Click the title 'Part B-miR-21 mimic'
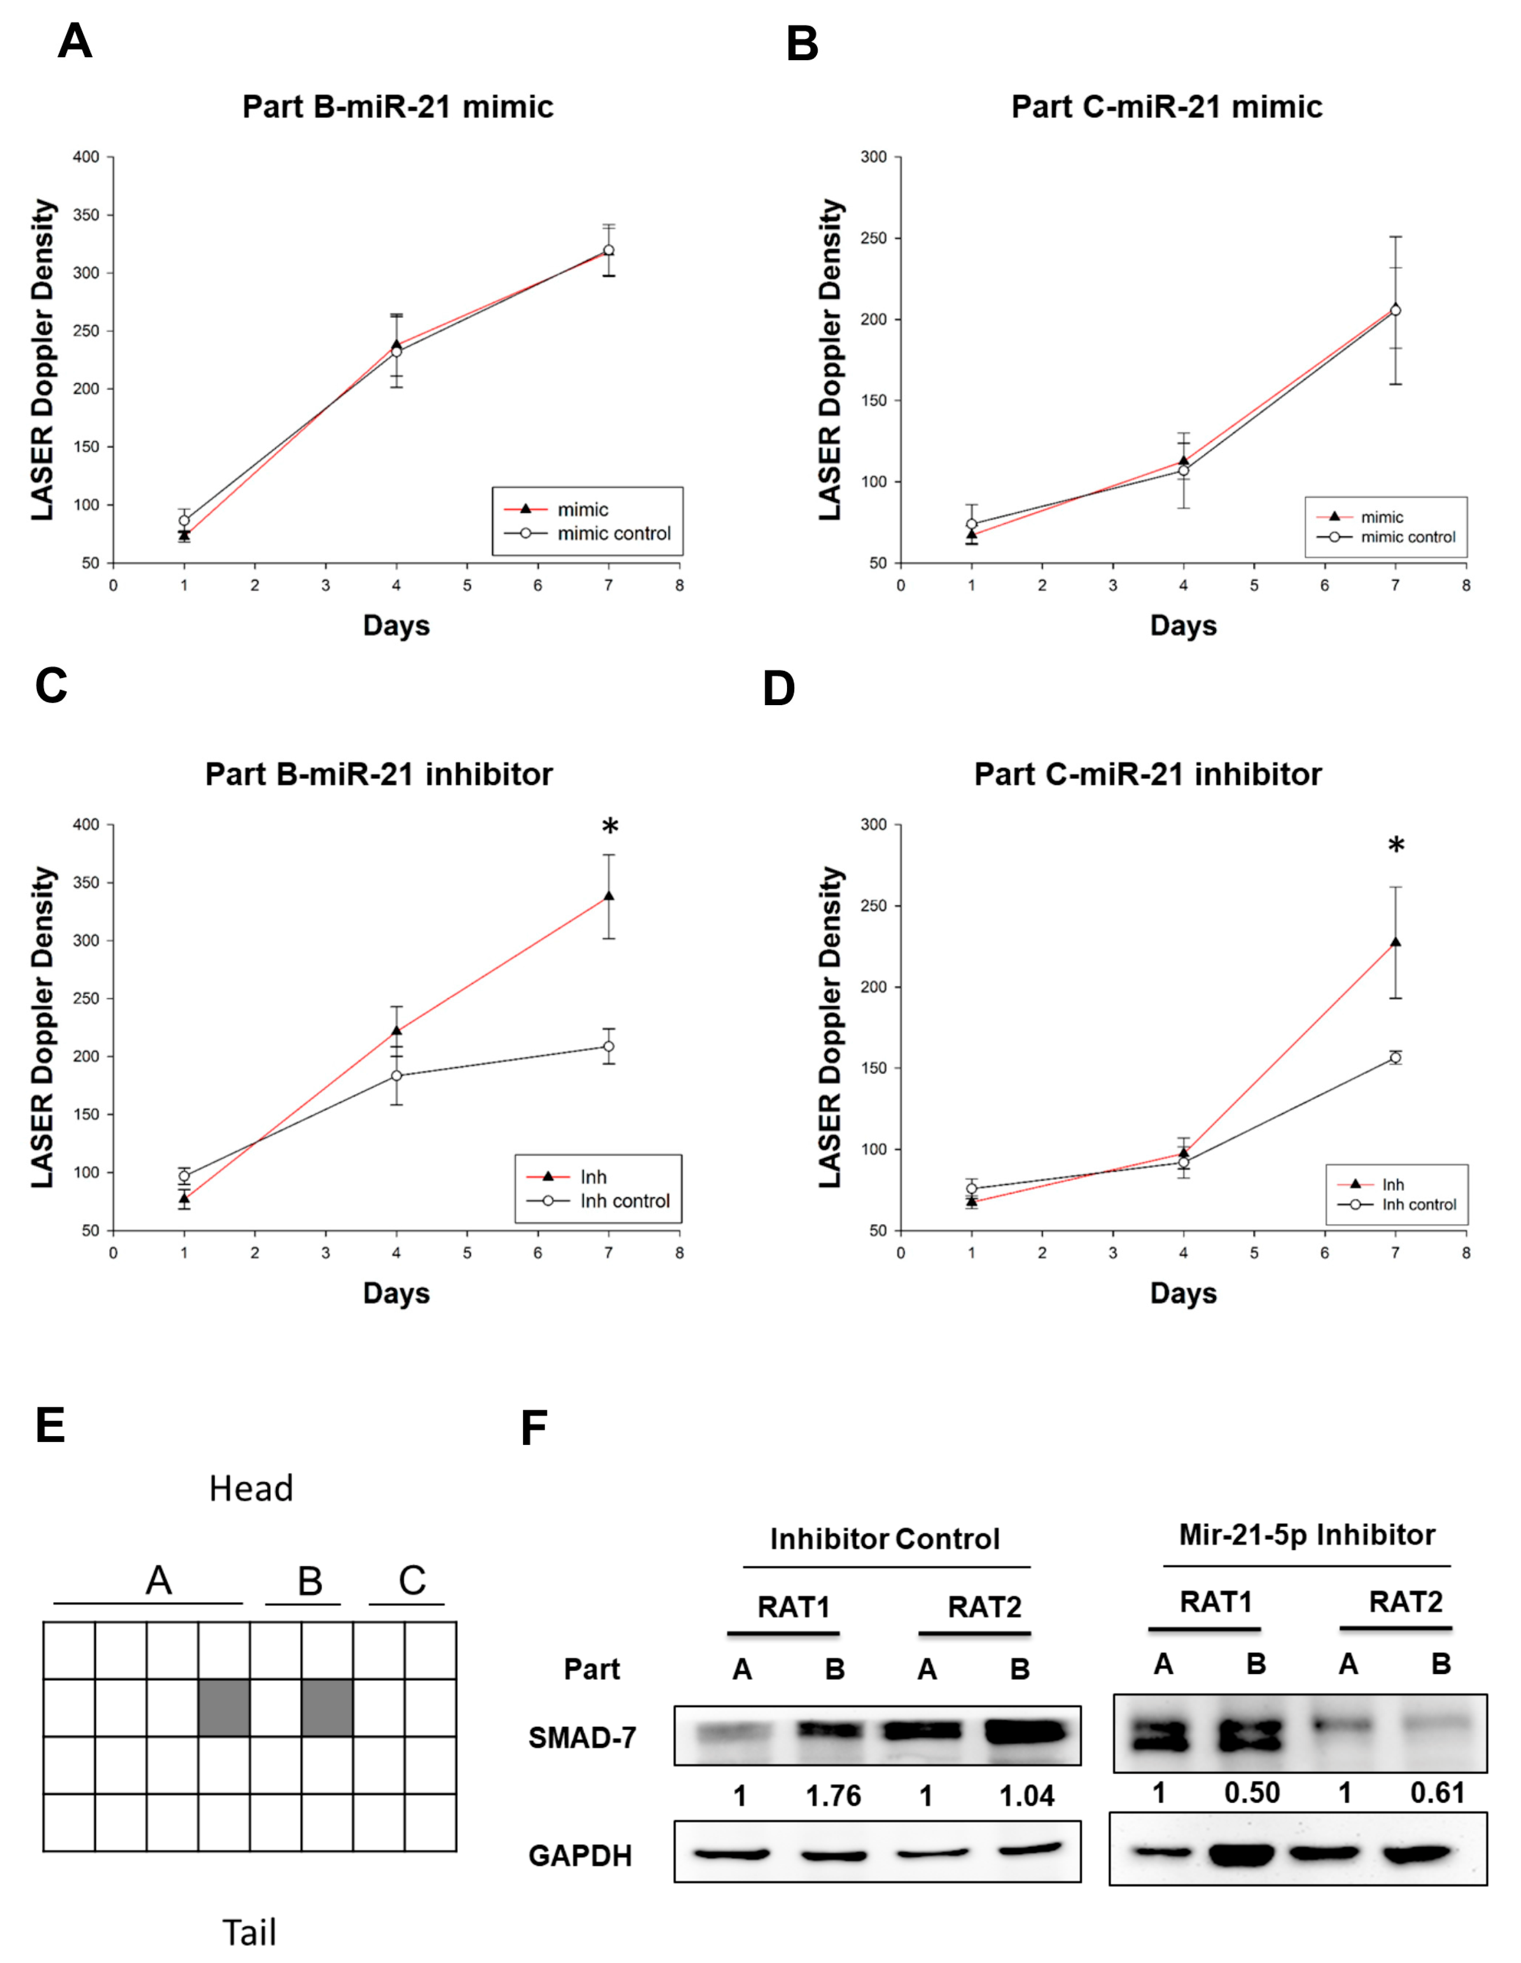(x=397, y=107)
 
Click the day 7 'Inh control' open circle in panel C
(x=609, y=1046)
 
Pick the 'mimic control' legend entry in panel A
(x=588, y=533)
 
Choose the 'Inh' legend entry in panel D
(x=1371, y=1185)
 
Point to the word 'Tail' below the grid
(x=249, y=1932)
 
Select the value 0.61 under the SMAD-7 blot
(x=1437, y=1793)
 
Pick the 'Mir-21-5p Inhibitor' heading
(x=1307, y=1534)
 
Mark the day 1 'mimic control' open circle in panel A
(x=184, y=521)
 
